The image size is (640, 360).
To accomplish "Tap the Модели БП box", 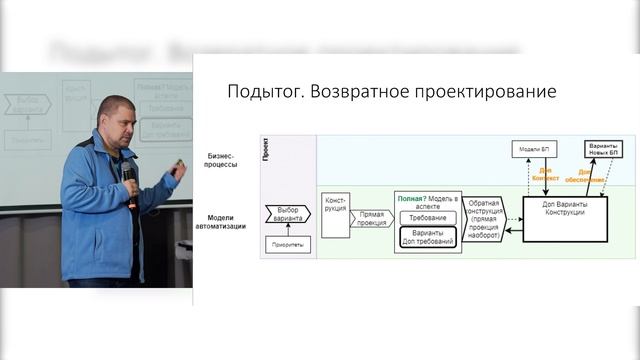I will coord(531,149).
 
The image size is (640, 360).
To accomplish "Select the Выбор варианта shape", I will coord(288,213).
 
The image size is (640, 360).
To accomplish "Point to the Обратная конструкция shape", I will coord(483,214).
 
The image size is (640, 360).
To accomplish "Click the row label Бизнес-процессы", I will coord(223,160).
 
